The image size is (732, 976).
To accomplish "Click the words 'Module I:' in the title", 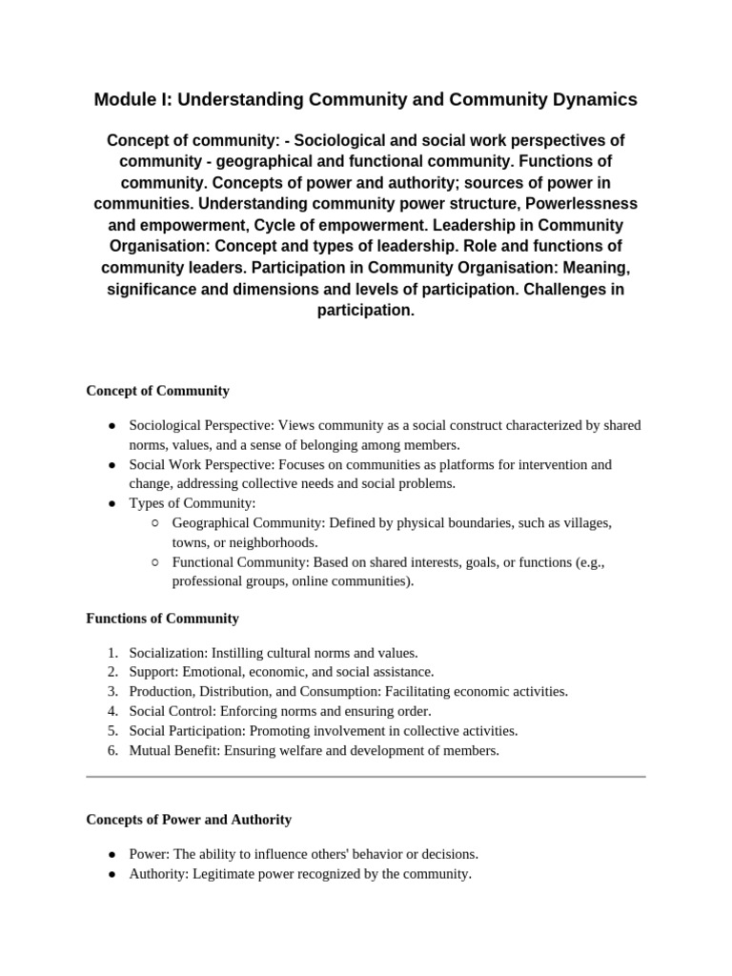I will click(132, 99).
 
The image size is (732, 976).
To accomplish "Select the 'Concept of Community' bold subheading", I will click(157, 391).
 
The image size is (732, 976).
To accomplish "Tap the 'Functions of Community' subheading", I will click(162, 619).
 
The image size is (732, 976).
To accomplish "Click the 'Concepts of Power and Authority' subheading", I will click(189, 820).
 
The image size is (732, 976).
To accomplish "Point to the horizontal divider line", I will click(366, 777).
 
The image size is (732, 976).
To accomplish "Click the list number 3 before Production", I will click(112, 691).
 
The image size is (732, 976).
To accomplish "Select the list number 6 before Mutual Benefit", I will click(112, 750).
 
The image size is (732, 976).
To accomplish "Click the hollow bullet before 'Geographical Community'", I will click(154, 523).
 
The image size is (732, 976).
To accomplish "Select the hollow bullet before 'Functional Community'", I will click(154, 562).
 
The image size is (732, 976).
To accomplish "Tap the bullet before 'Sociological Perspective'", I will click(112, 425).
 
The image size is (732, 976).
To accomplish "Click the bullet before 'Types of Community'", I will click(112, 503).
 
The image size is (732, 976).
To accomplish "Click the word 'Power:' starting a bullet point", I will click(149, 854).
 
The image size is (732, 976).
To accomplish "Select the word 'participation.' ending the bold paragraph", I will click(366, 311).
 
